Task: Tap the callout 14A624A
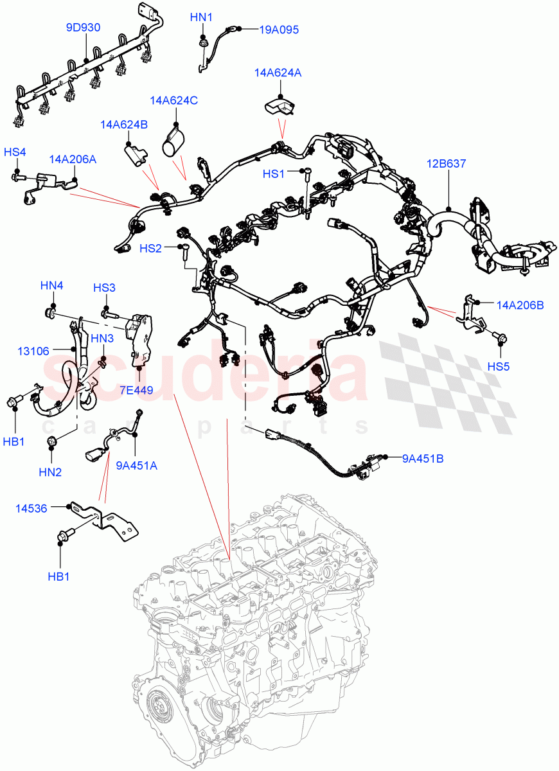tap(278, 73)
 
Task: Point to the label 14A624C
tap(173, 100)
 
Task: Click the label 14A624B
tap(124, 124)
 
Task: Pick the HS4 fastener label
tap(15, 152)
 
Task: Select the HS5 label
tap(498, 367)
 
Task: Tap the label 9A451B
tap(422, 458)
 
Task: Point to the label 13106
tap(31, 351)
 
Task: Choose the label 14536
tap(31, 508)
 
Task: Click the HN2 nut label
tap(50, 472)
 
